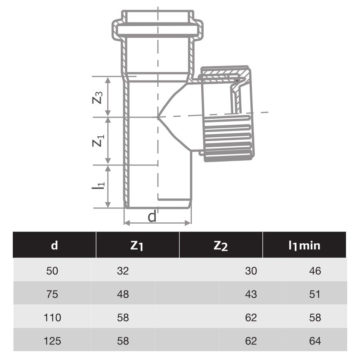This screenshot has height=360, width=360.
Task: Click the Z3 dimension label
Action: (98, 97)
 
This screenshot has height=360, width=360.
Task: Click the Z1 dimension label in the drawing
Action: (98, 140)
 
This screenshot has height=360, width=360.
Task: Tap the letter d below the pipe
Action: (152, 216)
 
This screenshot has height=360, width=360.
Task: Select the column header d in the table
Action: (54, 245)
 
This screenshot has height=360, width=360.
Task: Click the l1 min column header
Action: (304, 245)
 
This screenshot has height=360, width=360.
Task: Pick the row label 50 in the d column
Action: (52, 271)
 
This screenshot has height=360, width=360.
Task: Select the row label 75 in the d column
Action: (52, 294)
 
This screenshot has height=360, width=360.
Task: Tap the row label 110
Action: (52, 318)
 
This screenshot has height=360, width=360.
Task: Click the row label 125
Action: (52, 341)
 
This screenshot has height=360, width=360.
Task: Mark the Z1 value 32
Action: (123, 271)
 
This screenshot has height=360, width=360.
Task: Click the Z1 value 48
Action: (123, 294)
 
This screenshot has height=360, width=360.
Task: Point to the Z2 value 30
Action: (251, 271)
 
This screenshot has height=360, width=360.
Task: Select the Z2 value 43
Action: (251, 294)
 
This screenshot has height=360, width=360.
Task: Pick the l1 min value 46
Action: (315, 271)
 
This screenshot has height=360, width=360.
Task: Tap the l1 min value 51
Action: (315, 294)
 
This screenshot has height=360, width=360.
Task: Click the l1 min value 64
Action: (315, 341)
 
